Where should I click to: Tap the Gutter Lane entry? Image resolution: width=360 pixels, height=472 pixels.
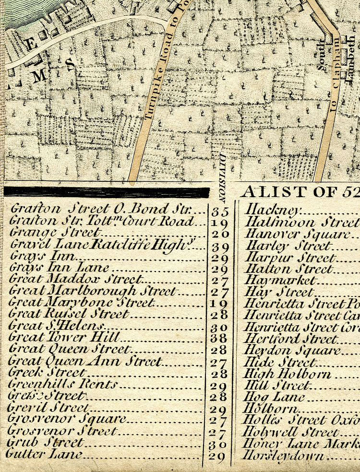coord(44,454)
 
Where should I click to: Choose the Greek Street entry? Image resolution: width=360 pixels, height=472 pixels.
coord(48,373)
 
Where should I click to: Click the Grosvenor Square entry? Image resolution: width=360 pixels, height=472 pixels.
coord(67,419)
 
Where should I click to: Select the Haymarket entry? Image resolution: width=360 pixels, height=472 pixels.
coord(280,280)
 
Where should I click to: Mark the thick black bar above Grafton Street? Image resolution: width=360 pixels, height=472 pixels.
coord(107,192)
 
